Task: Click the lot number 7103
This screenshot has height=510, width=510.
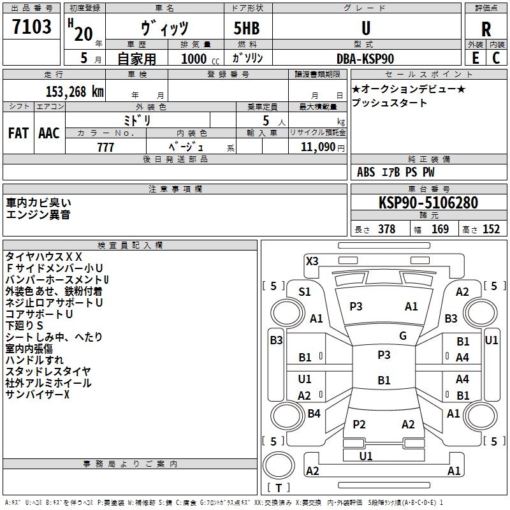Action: pyautogui.click(x=33, y=28)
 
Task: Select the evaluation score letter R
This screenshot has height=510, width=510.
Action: pyautogui.click(x=486, y=29)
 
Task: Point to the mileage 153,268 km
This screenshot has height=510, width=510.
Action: pyautogui.click(x=75, y=91)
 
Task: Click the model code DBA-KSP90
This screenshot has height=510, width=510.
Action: pyautogui.click(x=365, y=58)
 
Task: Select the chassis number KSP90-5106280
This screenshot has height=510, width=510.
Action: pyautogui.click(x=428, y=203)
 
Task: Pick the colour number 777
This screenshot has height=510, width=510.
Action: pyautogui.click(x=105, y=147)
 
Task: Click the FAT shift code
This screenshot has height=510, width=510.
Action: pyautogui.click(x=18, y=133)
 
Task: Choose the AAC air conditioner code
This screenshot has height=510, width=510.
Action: pyautogui.click(x=49, y=133)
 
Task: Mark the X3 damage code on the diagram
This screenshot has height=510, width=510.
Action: pyautogui.click(x=312, y=261)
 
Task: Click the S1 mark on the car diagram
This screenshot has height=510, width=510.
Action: pyautogui.click(x=305, y=292)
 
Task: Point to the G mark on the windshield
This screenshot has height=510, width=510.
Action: pyautogui.click(x=403, y=336)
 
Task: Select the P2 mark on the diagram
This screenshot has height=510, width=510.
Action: pyautogui.click(x=359, y=425)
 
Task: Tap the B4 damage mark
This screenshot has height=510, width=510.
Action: pyautogui.click(x=314, y=414)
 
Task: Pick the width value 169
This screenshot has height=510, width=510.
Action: pyautogui.click(x=440, y=229)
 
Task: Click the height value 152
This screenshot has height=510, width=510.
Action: pyautogui.click(x=491, y=229)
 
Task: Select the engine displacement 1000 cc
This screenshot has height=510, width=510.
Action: pyautogui.click(x=191, y=58)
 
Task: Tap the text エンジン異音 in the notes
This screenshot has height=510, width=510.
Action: pyautogui.click(x=38, y=215)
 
